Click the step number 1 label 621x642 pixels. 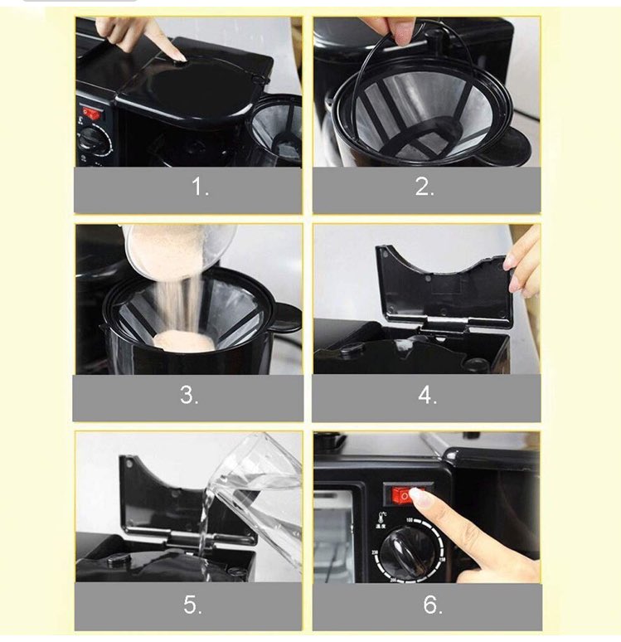pos(200,187)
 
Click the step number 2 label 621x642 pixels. pos(425,187)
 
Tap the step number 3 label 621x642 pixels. pos(189,395)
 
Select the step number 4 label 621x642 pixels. pos(427,396)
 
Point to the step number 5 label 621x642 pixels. pos(192,605)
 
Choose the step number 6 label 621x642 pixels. pos(433,605)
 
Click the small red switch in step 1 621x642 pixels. pos(90,113)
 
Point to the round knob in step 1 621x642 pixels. pos(95,140)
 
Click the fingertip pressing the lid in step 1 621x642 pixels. pos(179,57)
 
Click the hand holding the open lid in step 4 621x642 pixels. pos(523,262)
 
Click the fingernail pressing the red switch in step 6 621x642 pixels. pos(417,494)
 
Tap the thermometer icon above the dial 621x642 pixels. pos(383,517)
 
